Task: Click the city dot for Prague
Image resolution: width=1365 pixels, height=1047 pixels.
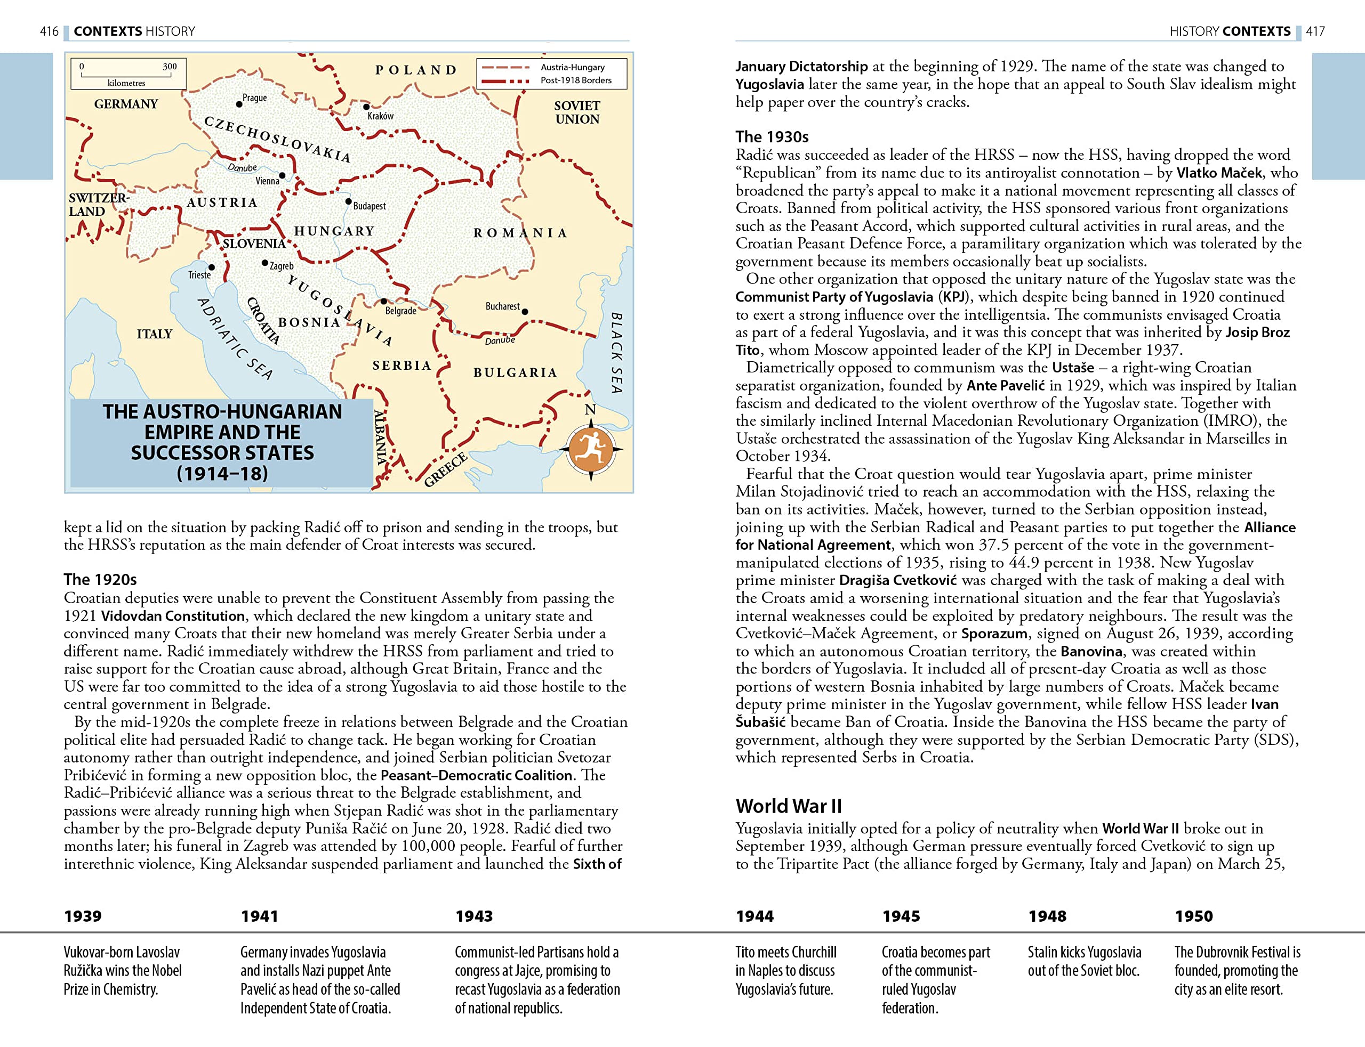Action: (239, 104)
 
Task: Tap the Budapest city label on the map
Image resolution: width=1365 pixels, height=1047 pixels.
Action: (369, 206)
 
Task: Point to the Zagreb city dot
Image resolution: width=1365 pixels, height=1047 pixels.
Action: (265, 263)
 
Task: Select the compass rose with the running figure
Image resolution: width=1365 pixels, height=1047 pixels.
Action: (591, 449)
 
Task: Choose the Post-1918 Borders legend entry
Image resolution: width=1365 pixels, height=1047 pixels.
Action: (575, 80)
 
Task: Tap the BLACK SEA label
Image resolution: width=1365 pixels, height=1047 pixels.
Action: (616, 353)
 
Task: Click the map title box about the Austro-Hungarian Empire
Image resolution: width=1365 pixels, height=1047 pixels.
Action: (222, 442)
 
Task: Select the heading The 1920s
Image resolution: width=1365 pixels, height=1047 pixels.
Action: (100, 580)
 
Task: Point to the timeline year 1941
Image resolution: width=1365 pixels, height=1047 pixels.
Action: (260, 915)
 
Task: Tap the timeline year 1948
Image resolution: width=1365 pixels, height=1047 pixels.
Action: (1047, 915)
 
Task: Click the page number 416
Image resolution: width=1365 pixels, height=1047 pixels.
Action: (49, 31)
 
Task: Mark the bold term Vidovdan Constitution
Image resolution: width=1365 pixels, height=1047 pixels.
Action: (173, 616)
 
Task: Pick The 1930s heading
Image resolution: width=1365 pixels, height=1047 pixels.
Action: (772, 136)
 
